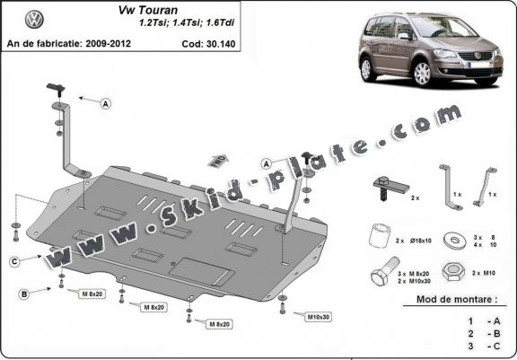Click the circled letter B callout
(24, 294)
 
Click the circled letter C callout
(15, 261)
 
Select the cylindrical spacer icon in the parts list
(379, 240)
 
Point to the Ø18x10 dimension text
(422, 241)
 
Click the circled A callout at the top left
(106, 104)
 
